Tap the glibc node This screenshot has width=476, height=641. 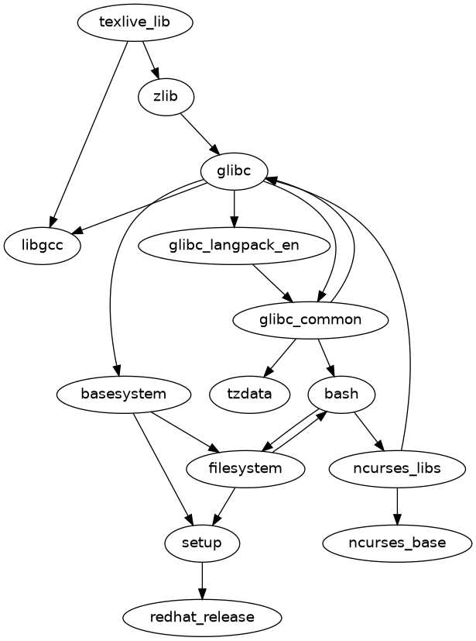[234, 171]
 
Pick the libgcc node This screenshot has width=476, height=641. [43, 246]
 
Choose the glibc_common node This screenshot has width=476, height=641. [309, 319]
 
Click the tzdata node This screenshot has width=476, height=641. [249, 394]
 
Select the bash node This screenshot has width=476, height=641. [341, 394]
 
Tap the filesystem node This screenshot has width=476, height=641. [245, 468]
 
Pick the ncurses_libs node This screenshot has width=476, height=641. [397, 468]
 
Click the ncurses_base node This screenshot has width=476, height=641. [397, 543]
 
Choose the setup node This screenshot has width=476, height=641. [202, 543]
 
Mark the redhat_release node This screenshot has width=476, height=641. [202, 617]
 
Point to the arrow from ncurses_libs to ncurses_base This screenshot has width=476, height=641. [397, 505]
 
